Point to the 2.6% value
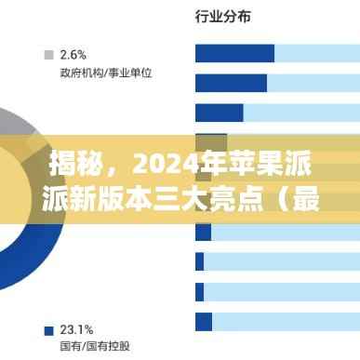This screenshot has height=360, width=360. [x=73, y=53]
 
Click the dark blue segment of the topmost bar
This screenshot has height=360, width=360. [x=234, y=53]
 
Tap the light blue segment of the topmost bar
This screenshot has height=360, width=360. [x=316, y=53]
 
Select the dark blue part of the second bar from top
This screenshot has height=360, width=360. [x=231, y=83]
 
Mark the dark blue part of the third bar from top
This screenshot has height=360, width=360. [x=219, y=113]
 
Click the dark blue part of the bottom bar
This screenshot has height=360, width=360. [x=203, y=321]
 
